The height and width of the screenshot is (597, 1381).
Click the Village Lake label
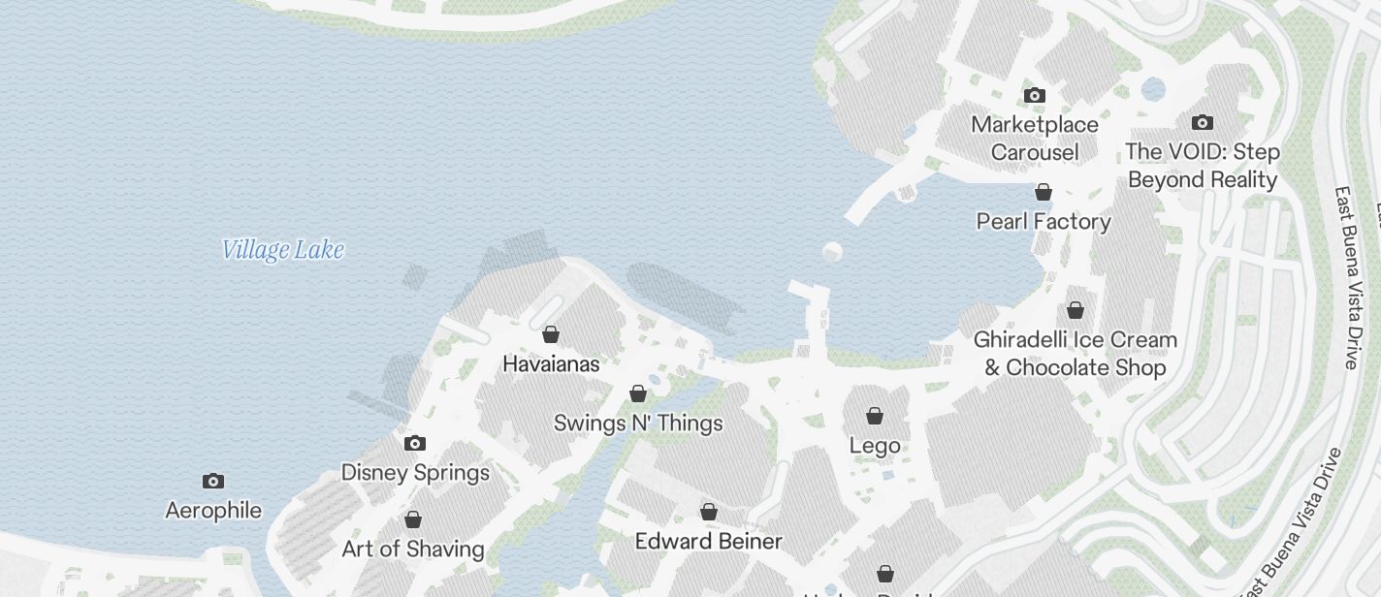tap(282, 250)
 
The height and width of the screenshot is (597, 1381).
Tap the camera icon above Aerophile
tap(213, 482)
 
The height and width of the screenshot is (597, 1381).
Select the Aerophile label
tap(213, 511)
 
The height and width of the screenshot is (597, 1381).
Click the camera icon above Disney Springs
tap(415, 444)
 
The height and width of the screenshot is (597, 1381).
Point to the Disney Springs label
tap(415, 473)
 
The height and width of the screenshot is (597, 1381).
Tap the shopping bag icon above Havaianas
tap(551, 334)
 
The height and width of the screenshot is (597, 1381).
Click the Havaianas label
tap(551, 364)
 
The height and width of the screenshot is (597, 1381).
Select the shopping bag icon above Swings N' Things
tap(638, 393)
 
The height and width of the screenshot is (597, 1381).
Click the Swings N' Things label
tap(638, 424)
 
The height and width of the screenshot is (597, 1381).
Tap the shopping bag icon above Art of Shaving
tap(413, 519)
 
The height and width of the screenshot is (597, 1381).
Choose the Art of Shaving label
tap(413, 550)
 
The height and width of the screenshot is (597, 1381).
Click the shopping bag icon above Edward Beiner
tap(709, 512)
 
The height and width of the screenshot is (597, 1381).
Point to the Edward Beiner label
tap(709, 541)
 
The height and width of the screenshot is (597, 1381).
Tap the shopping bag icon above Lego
tap(875, 416)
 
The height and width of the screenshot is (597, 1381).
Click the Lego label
tap(875, 446)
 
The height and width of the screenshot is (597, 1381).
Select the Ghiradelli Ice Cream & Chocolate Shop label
tap(1076, 354)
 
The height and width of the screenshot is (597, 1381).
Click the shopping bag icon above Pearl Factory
tap(1044, 192)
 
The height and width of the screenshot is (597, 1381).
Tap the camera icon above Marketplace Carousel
tap(1035, 95)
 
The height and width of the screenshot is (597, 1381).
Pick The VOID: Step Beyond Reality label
tap(1203, 166)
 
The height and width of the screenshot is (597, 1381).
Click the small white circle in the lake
tap(832, 253)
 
